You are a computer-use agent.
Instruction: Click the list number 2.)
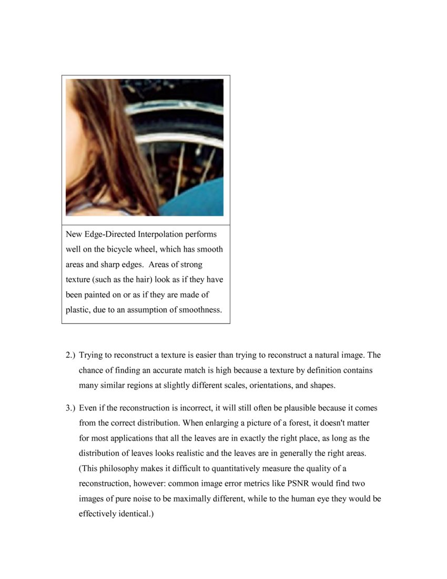pyautogui.click(x=71, y=355)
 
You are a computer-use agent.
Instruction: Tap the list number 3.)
pyautogui.click(x=71, y=408)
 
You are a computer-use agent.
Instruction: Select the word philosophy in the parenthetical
pyautogui.click(x=119, y=468)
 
